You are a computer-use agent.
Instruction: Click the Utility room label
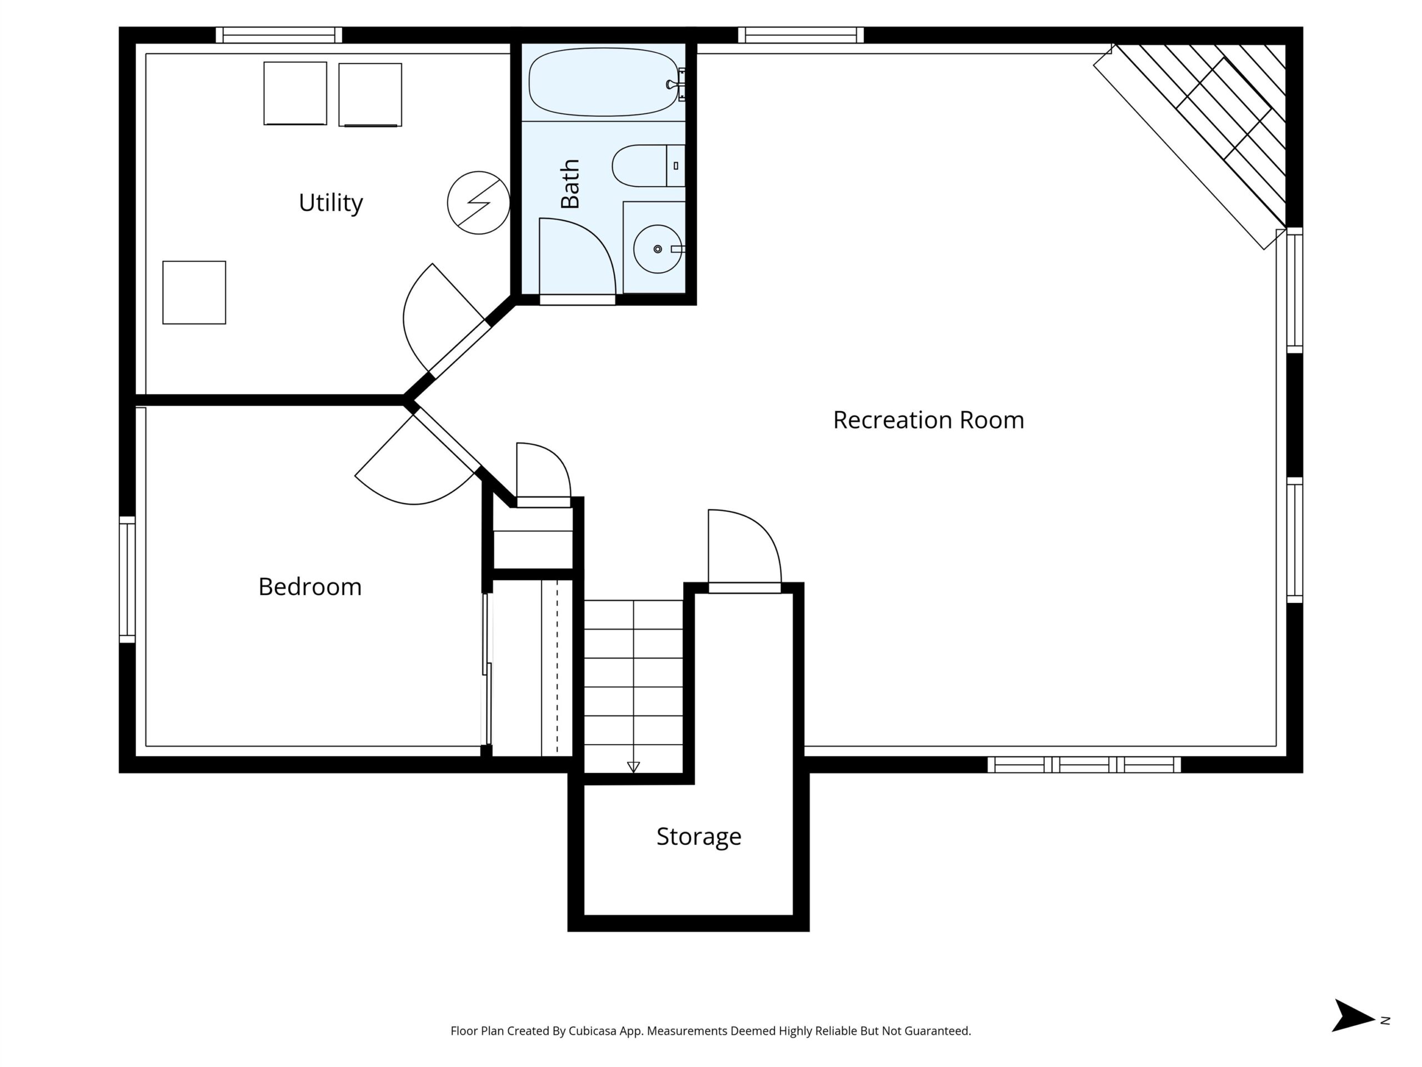pyautogui.click(x=331, y=203)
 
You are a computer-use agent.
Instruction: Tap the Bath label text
pyautogui.click(x=570, y=184)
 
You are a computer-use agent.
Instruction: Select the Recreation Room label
pyautogui.click(x=928, y=420)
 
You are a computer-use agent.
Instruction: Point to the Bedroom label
pyautogui.click(x=310, y=586)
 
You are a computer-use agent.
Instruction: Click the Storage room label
pyautogui.click(x=699, y=837)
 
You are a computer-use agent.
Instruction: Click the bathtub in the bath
pyautogui.click(x=604, y=82)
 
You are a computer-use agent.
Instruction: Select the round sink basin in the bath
pyautogui.click(x=658, y=249)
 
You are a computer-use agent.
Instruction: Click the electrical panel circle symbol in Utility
pyautogui.click(x=478, y=203)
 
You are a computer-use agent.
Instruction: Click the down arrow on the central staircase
pyautogui.click(x=633, y=767)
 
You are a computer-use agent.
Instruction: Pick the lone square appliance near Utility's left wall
pyautogui.click(x=194, y=293)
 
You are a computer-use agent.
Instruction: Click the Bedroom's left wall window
pyautogui.click(x=127, y=580)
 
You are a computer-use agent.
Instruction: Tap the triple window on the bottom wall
pyautogui.click(x=1084, y=765)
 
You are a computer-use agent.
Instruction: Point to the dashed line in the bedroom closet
pyautogui.click(x=557, y=667)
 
